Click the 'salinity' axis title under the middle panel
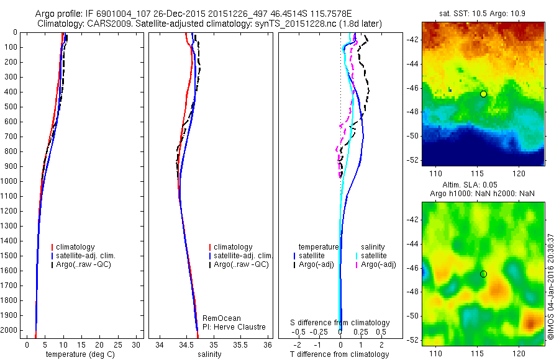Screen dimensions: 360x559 coord(209,354)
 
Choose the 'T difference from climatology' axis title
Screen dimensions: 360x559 coord(339,354)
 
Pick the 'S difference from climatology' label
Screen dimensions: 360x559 coord(340,323)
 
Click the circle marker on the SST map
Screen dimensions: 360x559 coord(483,94)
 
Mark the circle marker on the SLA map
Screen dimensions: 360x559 coord(483,274)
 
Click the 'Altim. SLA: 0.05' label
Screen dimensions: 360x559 coord(483,185)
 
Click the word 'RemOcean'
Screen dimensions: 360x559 coord(222,318)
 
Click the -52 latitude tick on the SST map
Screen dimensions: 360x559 coord(413,160)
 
